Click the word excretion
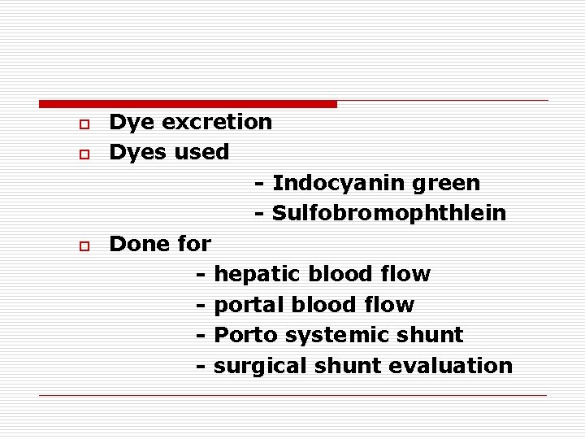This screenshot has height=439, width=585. coord(217,123)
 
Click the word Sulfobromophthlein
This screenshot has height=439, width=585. coord(389,214)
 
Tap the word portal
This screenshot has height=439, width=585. coord(245,305)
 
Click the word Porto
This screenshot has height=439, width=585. coord(243,335)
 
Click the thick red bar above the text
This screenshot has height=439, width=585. coord(188,104)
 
